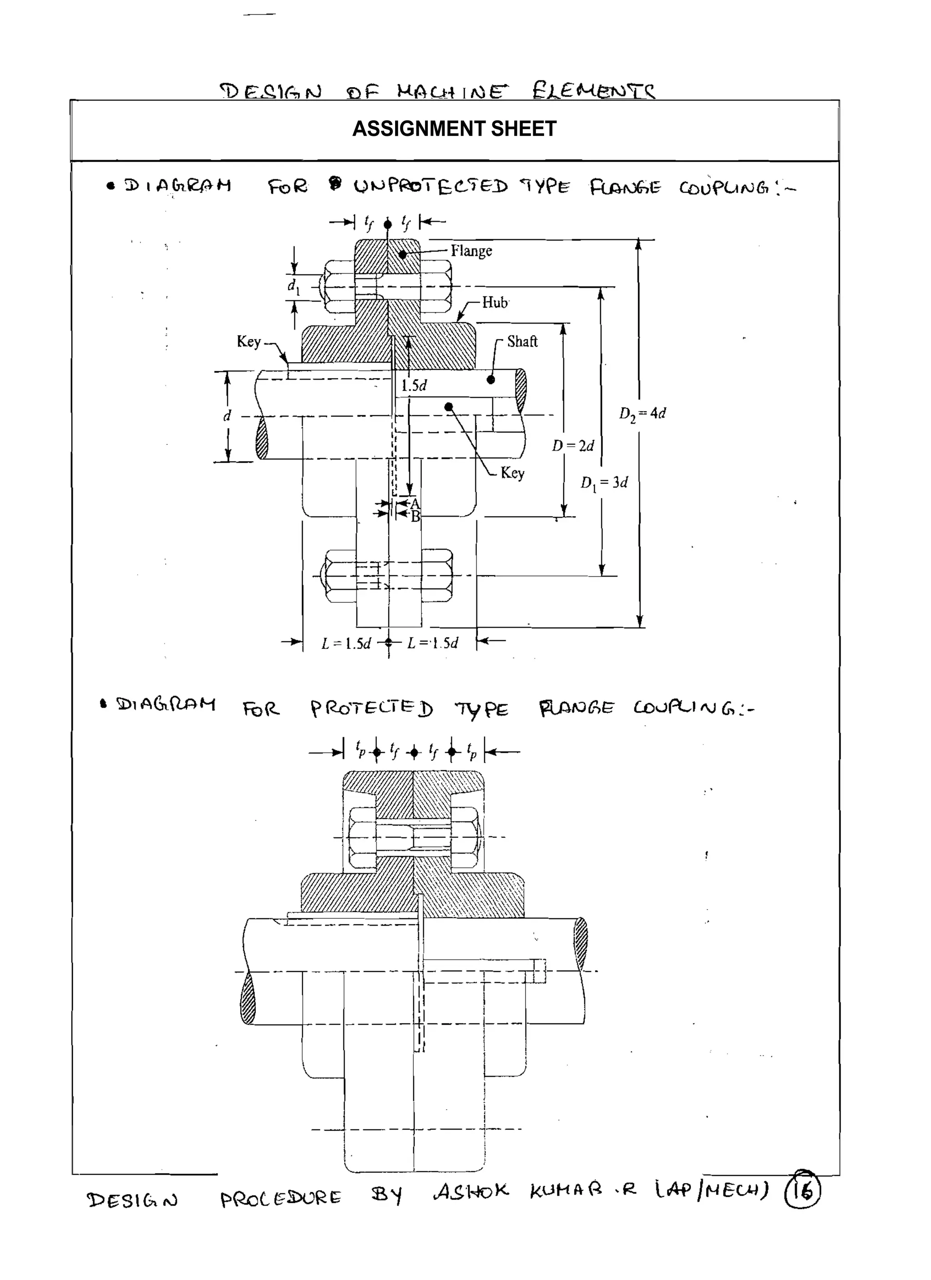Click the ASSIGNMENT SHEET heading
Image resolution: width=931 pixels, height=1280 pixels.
pyautogui.click(x=454, y=129)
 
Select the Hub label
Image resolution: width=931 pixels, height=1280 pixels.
pyautogui.click(x=495, y=303)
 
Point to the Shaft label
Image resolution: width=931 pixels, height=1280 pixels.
pyautogui.click(x=522, y=341)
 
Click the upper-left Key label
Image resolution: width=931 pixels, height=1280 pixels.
pyautogui.click(x=248, y=341)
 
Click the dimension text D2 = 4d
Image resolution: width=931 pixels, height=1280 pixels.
pyautogui.click(x=642, y=413)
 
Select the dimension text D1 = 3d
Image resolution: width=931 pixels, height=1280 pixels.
pyautogui.click(x=604, y=483)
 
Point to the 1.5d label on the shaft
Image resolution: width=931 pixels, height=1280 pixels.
pyautogui.click(x=414, y=385)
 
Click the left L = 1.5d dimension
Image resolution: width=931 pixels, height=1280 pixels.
pyautogui.click(x=346, y=643)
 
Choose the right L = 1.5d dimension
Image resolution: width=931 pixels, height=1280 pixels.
pyautogui.click(x=432, y=643)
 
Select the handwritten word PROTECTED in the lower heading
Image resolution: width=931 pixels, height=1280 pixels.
pyautogui.click(x=371, y=708)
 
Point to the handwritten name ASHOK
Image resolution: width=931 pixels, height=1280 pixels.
pyautogui.click(x=471, y=1191)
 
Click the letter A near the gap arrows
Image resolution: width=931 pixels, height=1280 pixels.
pyautogui.click(x=415, y=503)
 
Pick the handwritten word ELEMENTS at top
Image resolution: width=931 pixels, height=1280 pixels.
pyautogui.click(x=593, y=90)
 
